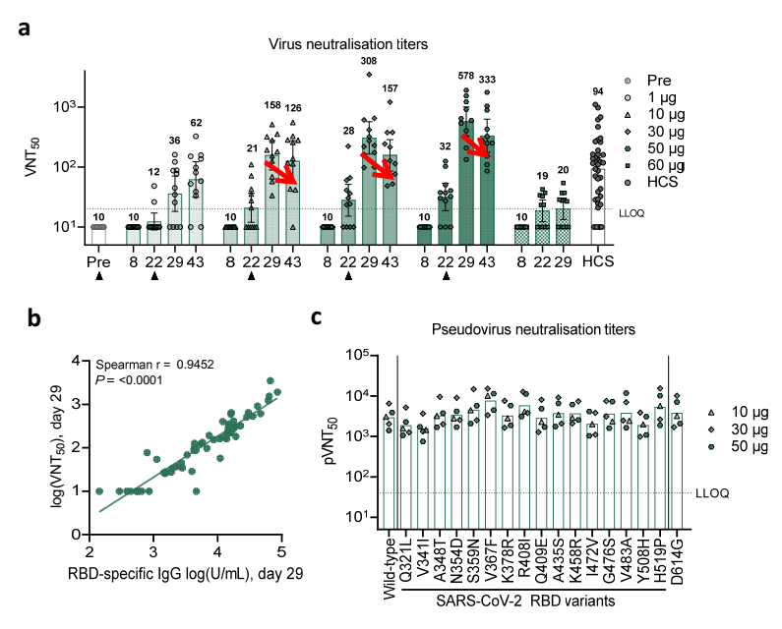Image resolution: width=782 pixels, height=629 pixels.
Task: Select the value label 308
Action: click(x=369, y=61)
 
